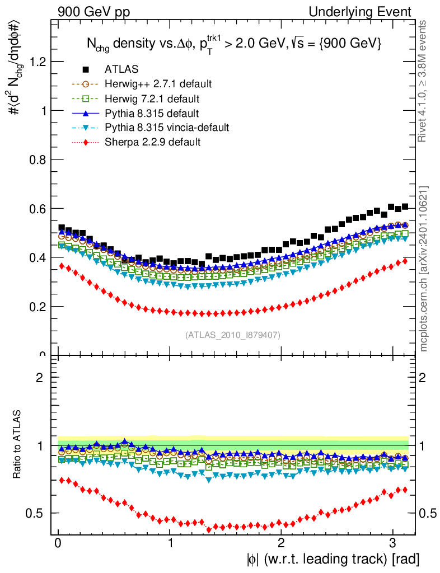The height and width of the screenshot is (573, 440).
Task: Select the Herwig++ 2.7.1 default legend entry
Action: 158,84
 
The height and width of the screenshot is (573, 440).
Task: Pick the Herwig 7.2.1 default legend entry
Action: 152,98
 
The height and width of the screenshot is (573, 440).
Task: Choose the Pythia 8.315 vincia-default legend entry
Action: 166,128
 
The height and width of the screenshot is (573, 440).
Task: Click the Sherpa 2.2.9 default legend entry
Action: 152,142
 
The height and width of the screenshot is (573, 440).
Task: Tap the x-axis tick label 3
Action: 392,543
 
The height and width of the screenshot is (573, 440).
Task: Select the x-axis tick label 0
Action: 58,543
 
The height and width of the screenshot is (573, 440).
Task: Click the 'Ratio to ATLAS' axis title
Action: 17,445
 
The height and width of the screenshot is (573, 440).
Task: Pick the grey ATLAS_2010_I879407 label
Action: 233,335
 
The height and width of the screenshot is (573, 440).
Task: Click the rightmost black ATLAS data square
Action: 405,206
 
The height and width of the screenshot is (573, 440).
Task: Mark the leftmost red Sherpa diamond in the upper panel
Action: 62,266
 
